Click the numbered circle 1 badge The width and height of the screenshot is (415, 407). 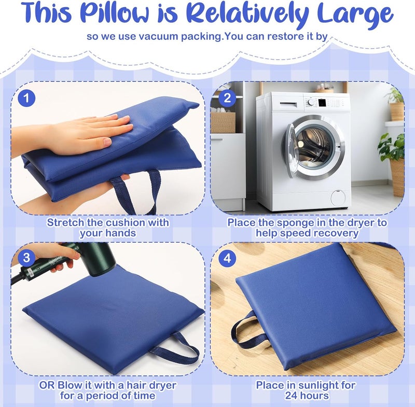26,98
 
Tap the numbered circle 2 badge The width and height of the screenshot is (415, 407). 227,98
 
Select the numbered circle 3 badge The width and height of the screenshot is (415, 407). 26,258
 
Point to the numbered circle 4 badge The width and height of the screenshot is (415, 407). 227,258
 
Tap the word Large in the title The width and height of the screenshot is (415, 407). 356,15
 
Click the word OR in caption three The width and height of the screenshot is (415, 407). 47,385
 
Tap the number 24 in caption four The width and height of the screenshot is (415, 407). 292,396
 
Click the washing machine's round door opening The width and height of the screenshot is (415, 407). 314,148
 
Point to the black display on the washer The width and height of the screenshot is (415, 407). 322,103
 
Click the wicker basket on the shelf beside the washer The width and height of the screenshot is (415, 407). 223,122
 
